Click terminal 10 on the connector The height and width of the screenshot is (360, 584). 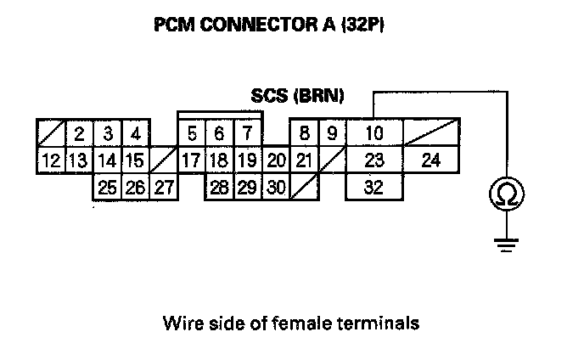(373, 133)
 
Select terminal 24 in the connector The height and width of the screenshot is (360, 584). (430, 160)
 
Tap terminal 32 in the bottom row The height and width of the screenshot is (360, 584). (373, 187)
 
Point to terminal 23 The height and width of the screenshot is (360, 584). (373, 160)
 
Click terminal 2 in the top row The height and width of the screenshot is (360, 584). (79, 133)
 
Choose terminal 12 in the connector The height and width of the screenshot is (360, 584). (51, 160)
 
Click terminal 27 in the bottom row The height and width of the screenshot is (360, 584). (163, 187)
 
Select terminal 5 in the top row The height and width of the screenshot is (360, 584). (192, 133)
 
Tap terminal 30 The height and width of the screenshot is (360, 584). (274, 187)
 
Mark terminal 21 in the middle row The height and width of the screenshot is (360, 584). (304, 160)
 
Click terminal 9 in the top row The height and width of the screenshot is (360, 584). (331, 133)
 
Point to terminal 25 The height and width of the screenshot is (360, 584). (107, 187)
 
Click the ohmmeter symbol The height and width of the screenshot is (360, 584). (505, 195)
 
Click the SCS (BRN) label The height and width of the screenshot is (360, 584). (297, 96)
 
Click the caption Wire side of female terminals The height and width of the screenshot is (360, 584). (292, 323)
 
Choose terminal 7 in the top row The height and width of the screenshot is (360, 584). (246, 133)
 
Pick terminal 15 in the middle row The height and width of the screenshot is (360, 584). (134, 160)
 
